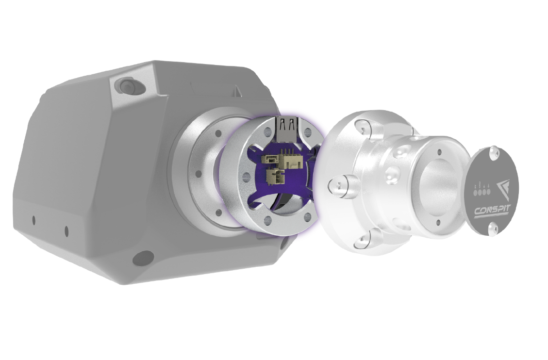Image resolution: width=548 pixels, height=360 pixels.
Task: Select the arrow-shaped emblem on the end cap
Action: click(503, 189)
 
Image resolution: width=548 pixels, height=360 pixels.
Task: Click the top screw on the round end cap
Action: click(494, 154)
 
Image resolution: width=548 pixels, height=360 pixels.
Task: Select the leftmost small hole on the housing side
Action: click(33, 220)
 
